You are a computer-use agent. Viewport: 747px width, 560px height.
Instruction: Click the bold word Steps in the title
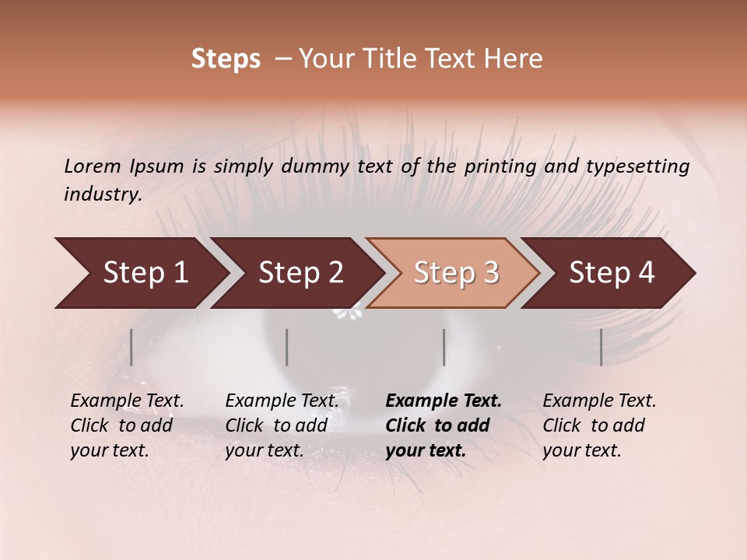tap(226, 59)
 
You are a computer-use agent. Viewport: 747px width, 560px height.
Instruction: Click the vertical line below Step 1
tap(132, 347)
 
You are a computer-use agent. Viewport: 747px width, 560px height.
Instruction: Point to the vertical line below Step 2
tap(287, 347)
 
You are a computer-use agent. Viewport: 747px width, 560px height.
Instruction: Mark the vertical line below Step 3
tap(444, 347)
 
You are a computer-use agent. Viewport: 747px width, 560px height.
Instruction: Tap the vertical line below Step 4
tap(601, 347)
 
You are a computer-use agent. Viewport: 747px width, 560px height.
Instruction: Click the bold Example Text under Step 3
tap(444, 401)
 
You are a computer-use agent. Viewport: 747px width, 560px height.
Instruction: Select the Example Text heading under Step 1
tap(127, 401)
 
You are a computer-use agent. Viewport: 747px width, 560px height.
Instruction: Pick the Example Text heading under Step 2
tap(282, 401)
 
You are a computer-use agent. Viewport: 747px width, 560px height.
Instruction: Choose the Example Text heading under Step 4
tap(599, 401)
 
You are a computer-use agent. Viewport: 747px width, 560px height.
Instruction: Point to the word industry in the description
tap(103, 194)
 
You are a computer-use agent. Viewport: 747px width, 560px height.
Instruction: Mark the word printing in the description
tap(497, 166)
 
